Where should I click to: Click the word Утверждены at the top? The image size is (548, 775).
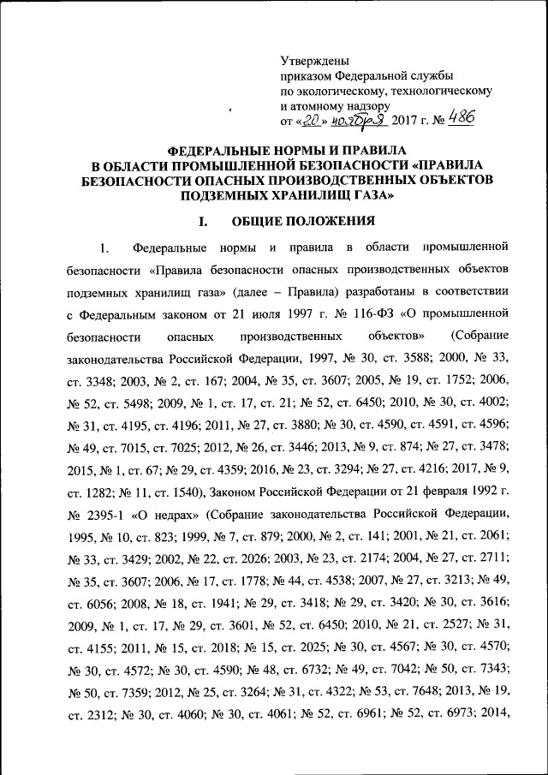(x=315, y=60)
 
